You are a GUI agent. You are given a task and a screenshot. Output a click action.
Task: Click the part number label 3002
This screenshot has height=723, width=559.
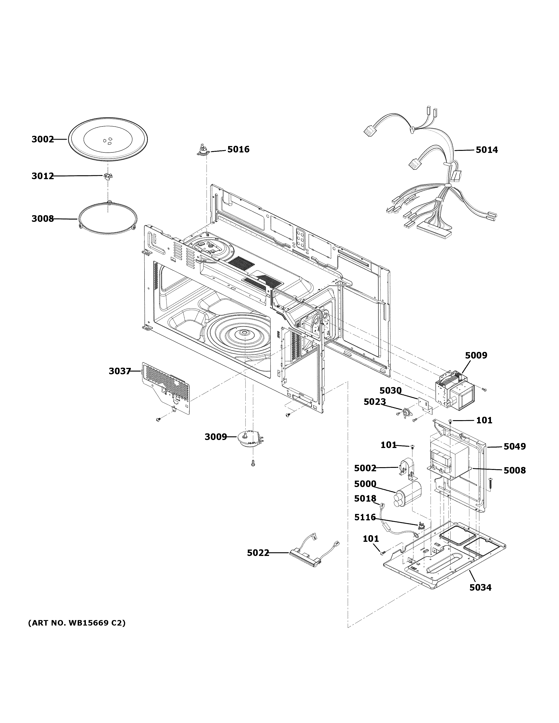tap(42, 139)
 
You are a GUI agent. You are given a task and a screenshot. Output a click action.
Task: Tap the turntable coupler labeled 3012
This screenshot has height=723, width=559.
tap(107, 177)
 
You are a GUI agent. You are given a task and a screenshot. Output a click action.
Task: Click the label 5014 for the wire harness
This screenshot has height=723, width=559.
tap(486, 150)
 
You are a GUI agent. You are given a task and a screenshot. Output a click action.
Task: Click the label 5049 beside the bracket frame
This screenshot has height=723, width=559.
tap(514, 447)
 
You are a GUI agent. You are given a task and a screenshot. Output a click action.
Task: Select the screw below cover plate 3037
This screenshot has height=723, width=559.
tap(158, 419)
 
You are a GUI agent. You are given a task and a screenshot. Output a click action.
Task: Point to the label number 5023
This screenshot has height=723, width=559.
tap(374, 402)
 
